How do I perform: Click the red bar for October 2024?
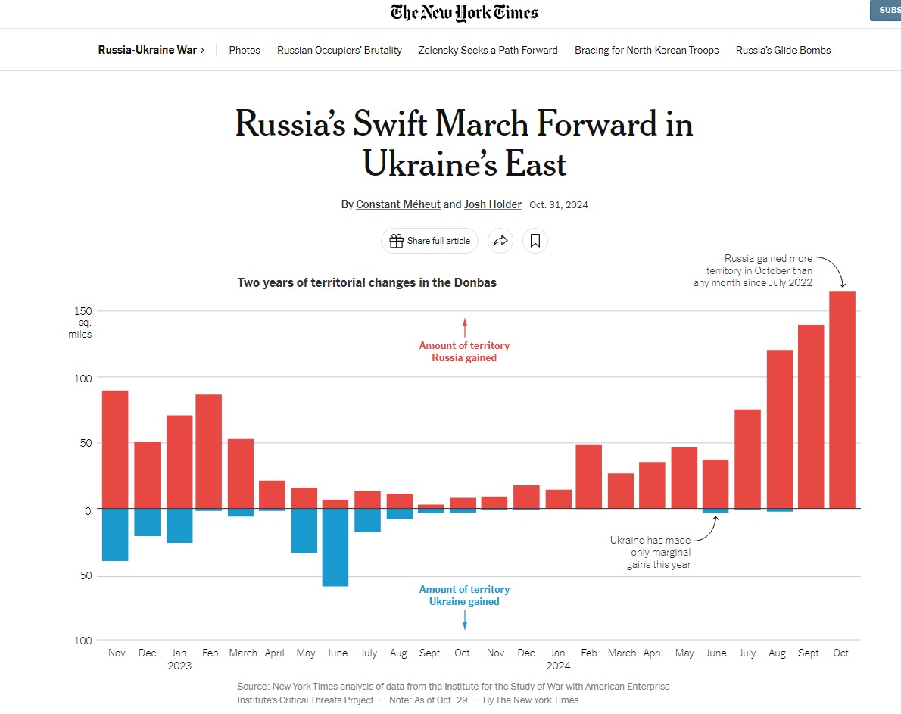tap(842, 399)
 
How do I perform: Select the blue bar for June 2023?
tap(335, 547)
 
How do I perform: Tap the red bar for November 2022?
tap(115, 449)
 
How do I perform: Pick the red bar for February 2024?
tap(588, 476)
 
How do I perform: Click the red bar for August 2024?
tap(779, 429)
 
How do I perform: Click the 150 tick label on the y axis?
tap(83, 311)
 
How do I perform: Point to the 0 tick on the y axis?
tap(88, 511)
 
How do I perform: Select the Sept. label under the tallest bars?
tap(809, 653)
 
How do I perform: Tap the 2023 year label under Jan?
tap(179, 666)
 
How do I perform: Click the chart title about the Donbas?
tap(366, 282)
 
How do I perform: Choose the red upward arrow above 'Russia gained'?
tap(465, 327)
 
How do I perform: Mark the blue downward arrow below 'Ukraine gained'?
tap(465, 620)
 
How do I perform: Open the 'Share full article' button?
tap(429, 241)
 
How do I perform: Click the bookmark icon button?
tap(535, 241)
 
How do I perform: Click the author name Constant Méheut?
tap(398, 204)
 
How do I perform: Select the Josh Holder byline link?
tap(493, 204)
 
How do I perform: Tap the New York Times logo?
tap(464, 13)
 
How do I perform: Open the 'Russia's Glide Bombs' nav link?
tap(783, 50)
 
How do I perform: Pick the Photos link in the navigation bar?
tap(245, 50)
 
